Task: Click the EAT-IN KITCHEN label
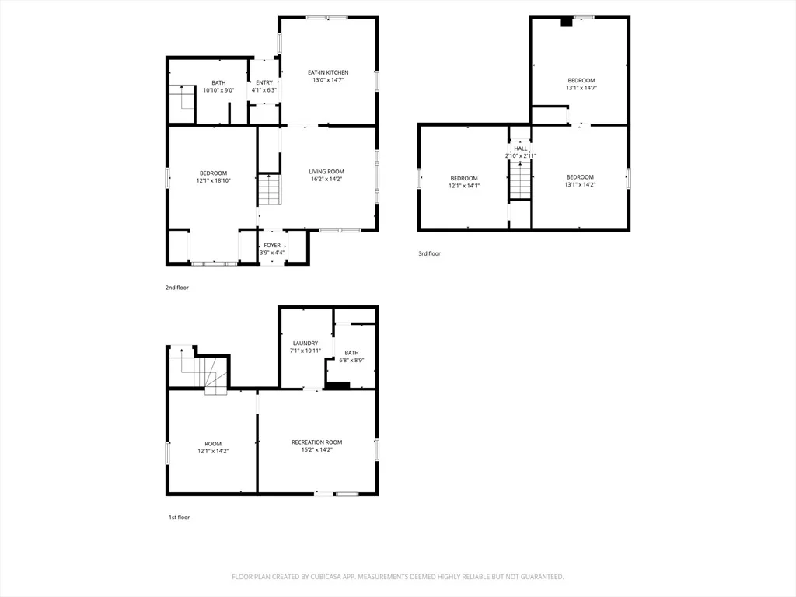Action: pos(328,72)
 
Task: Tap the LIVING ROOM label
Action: pos(326,172)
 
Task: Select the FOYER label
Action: pos(272,245)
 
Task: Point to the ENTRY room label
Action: pos(264,82)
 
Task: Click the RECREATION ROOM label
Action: pos(317,442)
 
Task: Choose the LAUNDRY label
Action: pos(305,343)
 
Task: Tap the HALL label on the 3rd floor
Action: pos(520,148)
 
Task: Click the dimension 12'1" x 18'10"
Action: pos(213,180)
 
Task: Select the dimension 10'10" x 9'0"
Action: pos(218,90)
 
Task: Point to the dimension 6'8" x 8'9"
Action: pos(351,361)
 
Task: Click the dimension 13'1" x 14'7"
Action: pos(581,88)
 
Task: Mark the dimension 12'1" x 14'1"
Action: pos(464,186)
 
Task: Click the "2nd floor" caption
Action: pos(176,288)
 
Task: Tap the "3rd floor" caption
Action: pos(429,253)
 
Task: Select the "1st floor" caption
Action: pos(180,517)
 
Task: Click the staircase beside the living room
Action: pos(270,190)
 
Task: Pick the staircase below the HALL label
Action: pos(520,180)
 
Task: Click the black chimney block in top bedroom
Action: pos(567,22)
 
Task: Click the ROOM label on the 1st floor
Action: pos(213,444)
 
